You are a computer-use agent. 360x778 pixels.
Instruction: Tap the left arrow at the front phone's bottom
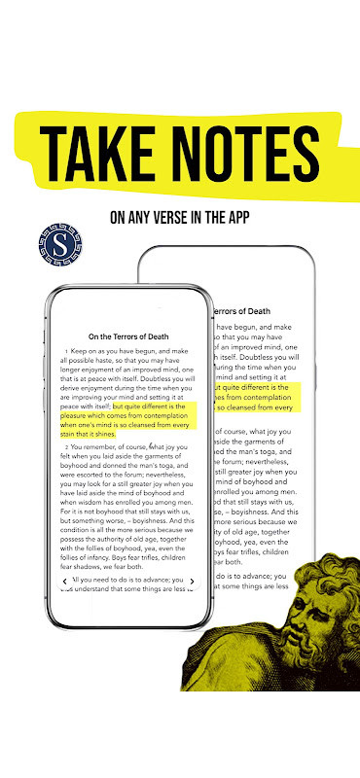(65, 582)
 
